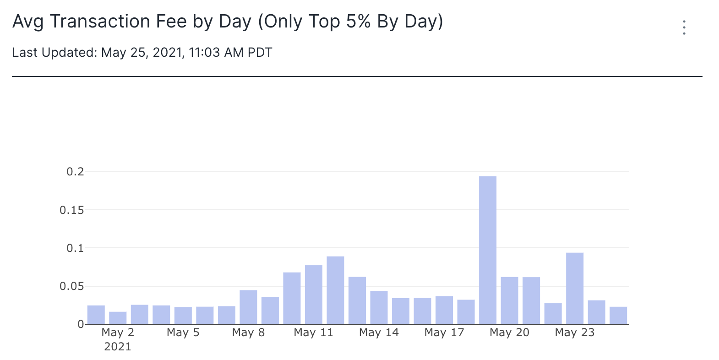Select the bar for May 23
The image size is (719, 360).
click(575, 289)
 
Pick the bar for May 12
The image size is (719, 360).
click(335, 290)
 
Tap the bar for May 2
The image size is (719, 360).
click(118, 318)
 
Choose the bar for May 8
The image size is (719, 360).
click(248, 307)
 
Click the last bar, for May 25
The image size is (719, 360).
click(618, 316)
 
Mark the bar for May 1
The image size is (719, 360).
click(96, 315)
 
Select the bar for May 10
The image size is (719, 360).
click(292, 298)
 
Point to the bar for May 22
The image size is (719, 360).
click(553, 314)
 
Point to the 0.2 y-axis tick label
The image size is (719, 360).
click(76, 172)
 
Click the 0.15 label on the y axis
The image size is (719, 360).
click(72, 210)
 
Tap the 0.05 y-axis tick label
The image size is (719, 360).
click(72, 287)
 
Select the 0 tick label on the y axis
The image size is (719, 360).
click(81, 324)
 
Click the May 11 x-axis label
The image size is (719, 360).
click(313, 333)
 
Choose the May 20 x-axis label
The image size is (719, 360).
click(509, 333)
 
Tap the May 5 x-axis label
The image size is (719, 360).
click(183, 333)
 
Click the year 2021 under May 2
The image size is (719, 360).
click(118, 347)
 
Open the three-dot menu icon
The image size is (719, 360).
click(684, 27)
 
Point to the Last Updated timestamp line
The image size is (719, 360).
click(142, 53)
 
